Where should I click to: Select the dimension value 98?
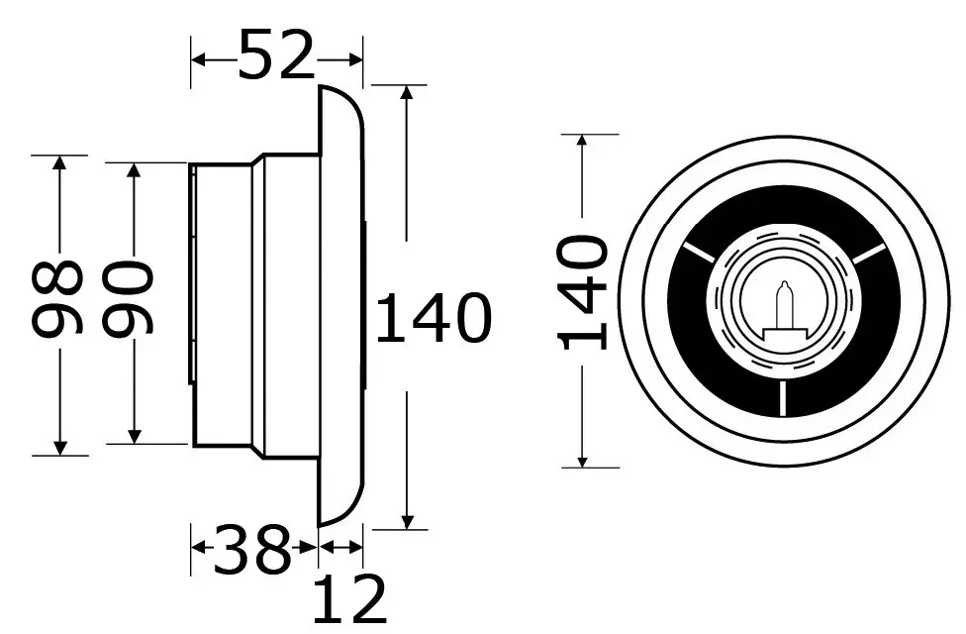pyautogui.click(x=56, y=299)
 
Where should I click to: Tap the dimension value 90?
pyautogui.click(x=127, y=299)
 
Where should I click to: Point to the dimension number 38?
pyautogui.click(x=251, y=550)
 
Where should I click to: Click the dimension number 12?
pyautogui.click(x=350, y=598)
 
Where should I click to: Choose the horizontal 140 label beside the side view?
pyautogui.click(x=434, y=318)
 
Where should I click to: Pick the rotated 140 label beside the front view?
pyautogui.click(x=583, y=292)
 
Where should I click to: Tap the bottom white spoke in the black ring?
pyautogui.click(x=783, y=398)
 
